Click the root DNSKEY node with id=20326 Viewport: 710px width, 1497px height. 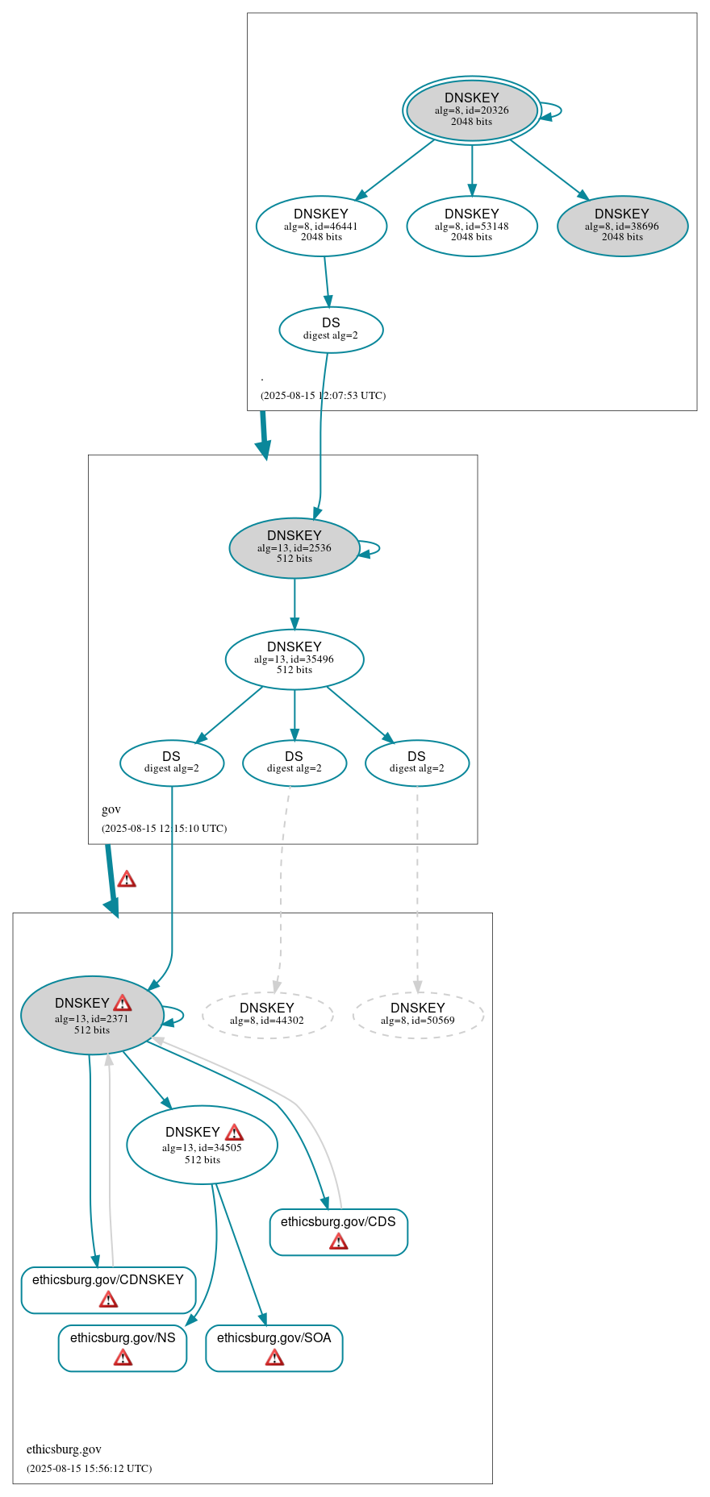pos(472,110)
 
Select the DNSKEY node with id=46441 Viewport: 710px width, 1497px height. pos(321,226)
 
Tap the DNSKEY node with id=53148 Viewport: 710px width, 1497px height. pos(472,226)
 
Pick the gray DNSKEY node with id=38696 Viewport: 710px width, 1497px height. pos(622,226)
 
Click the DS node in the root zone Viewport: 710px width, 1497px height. pos(331,329)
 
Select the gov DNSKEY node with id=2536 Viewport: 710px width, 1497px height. pos(294,547)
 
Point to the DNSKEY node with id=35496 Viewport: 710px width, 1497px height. pos(294,659)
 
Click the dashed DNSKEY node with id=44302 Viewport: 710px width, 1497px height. pos(267,1014)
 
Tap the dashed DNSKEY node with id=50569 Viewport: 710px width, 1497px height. pos(418,1014)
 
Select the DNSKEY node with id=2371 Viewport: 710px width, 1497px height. pos(91,1016)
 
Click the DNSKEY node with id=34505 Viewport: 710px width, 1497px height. pos(202,1145)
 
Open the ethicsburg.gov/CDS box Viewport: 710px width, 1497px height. pos(338,1231)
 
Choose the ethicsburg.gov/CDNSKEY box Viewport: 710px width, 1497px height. pos(108,1289)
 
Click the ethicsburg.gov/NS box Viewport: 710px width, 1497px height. pos(123,1347)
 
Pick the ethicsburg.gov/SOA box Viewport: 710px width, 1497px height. pos(274,1347)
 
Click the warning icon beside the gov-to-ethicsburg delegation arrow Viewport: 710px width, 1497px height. pos(127,879)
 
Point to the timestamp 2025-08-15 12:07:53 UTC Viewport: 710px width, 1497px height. pos(323,396)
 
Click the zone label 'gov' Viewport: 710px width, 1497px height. pos(111,809)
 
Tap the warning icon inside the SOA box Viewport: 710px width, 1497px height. pos(274,1358)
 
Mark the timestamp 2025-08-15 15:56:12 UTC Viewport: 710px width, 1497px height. pos(89,1468)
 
